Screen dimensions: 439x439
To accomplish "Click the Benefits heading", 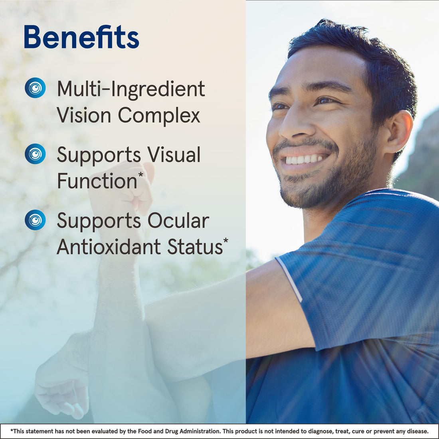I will coord(81,37).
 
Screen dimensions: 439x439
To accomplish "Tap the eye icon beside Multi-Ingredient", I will coord(35,88).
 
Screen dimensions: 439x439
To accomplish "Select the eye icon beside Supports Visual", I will coord(35,154).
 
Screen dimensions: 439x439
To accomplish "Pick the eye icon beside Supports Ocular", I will coord(35,220).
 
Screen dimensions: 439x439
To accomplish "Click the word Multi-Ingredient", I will coord(131,89).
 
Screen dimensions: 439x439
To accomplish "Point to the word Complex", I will coord(159,116).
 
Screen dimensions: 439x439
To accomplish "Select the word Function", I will coord(97,182).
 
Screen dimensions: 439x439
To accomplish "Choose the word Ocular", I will coord(178,221).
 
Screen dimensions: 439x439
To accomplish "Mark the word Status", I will coord(195,247).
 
